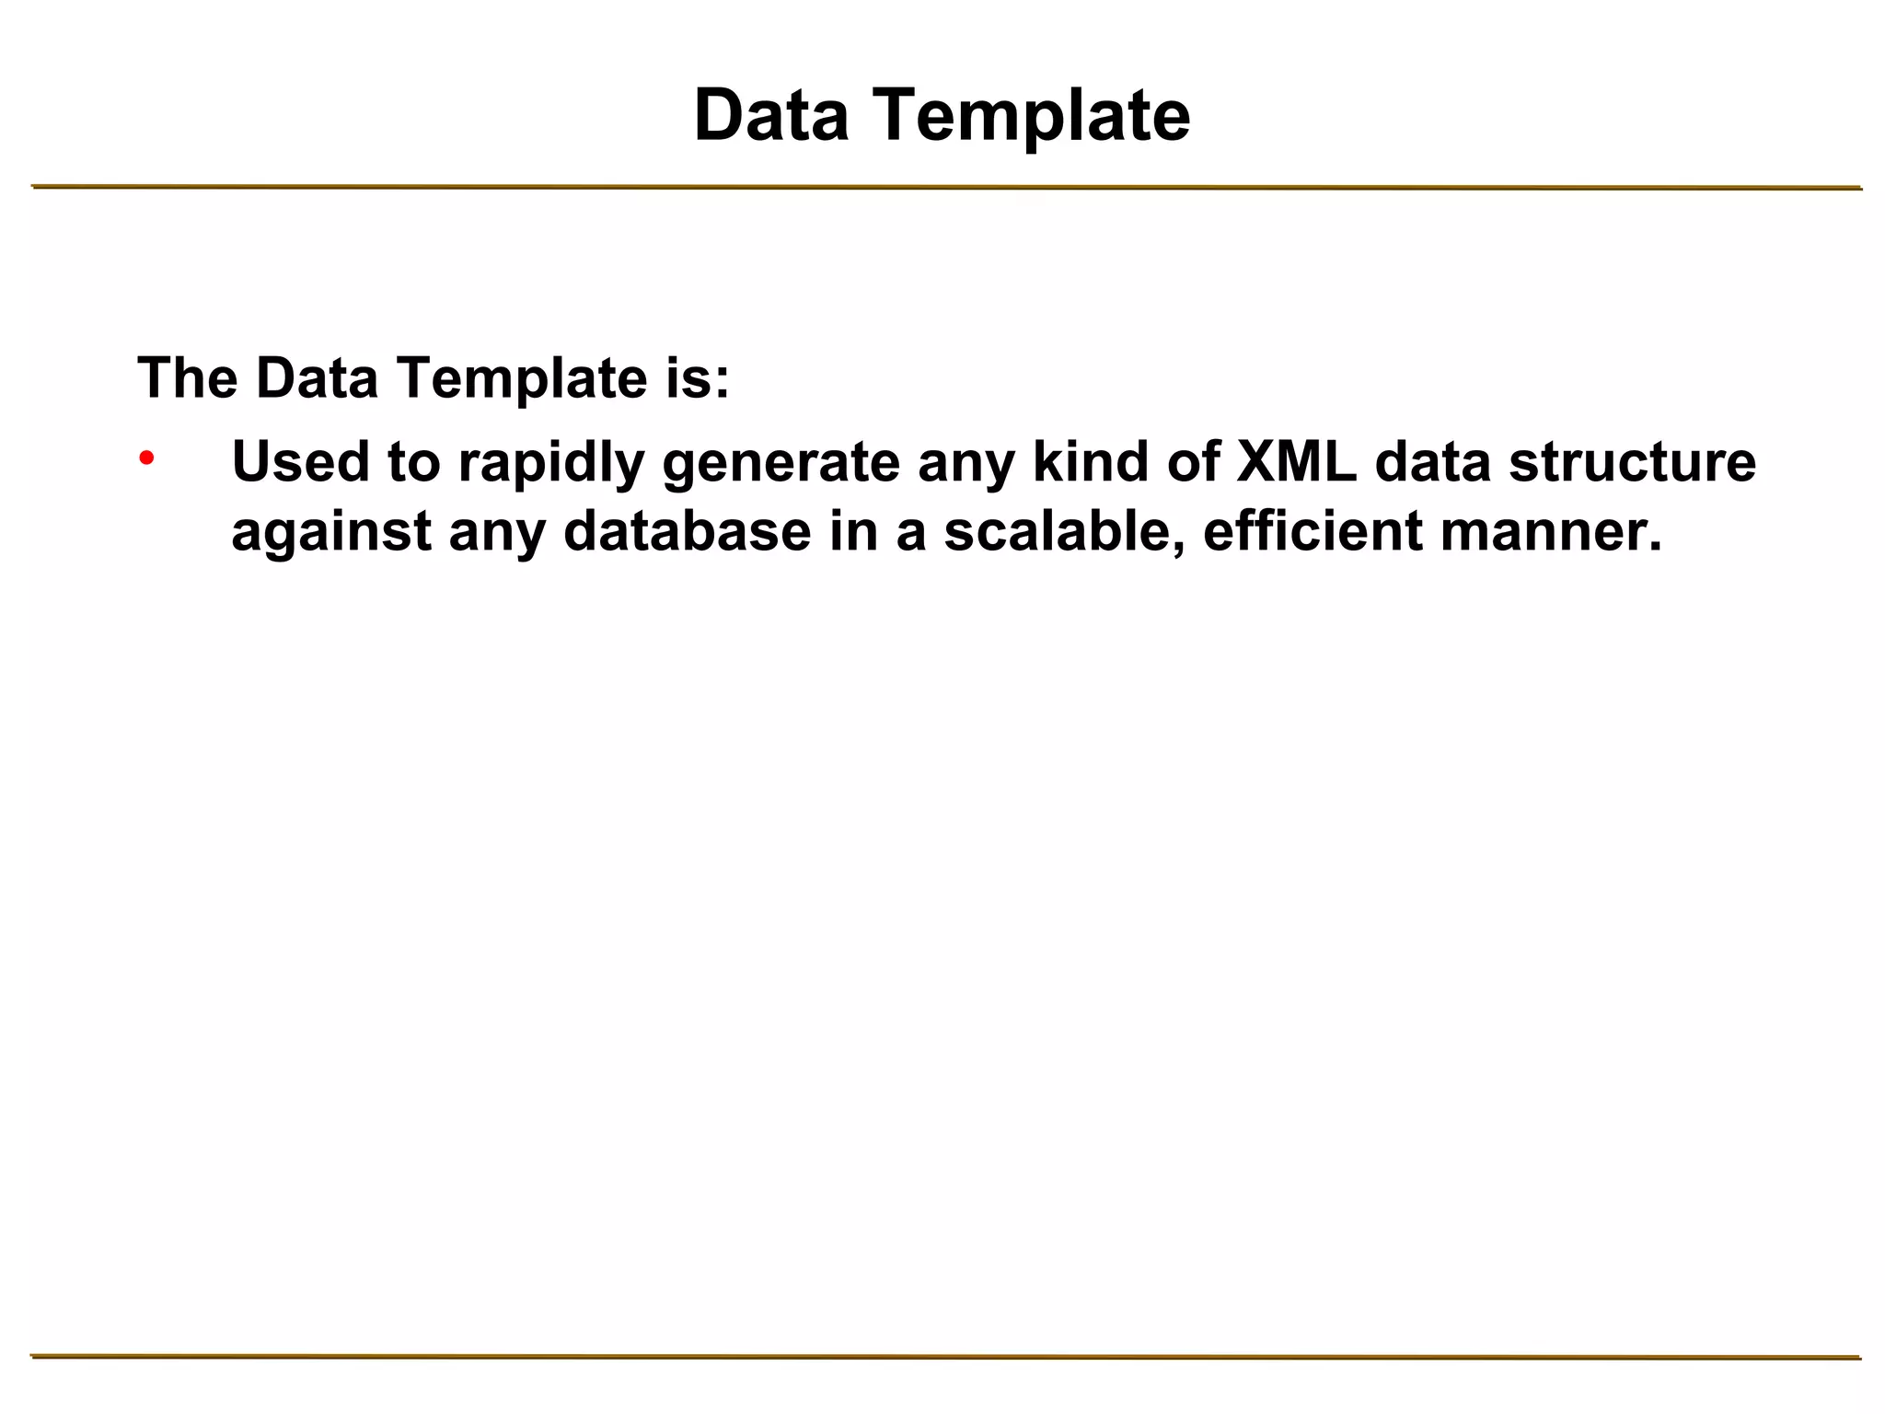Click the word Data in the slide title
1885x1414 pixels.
(771, 115)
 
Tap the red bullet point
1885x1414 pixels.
(146, 458)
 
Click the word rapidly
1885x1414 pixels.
(550, 463)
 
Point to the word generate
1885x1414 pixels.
(781, 463)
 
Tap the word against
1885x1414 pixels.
(331, 533)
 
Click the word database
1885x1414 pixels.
(688, 531)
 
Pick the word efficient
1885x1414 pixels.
(1313, 531)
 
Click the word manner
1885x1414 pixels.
(1551, 533)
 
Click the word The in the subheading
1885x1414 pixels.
(187, 377)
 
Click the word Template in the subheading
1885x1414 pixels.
(523, 379)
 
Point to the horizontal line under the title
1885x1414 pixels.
(946, 188)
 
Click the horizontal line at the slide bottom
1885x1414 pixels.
(946, 1356)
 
